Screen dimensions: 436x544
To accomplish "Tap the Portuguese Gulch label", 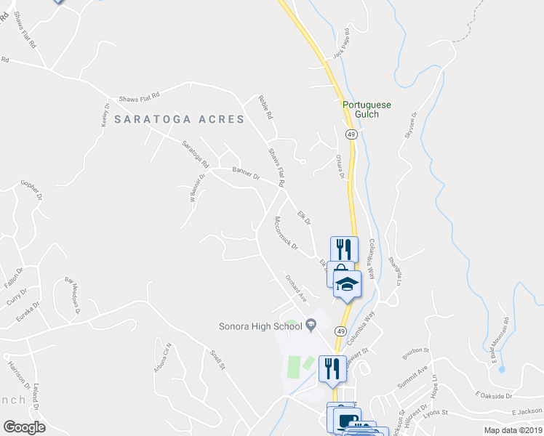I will pos(367,110).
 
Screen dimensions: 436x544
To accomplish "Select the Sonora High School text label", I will pos(261,326).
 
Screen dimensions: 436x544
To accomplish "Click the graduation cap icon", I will pos(348,283).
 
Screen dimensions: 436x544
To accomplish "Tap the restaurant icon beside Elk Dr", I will pos(343,249).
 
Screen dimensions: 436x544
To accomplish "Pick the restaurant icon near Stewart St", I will pos(330,367).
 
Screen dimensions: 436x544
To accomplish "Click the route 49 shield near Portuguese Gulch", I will pos(351,135).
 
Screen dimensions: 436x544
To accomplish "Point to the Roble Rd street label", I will pos(265,108).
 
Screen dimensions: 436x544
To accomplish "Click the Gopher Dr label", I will pos(33,191).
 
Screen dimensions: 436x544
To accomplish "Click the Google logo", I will pos(24,427).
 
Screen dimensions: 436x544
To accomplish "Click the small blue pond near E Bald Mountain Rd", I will pos(502,368).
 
